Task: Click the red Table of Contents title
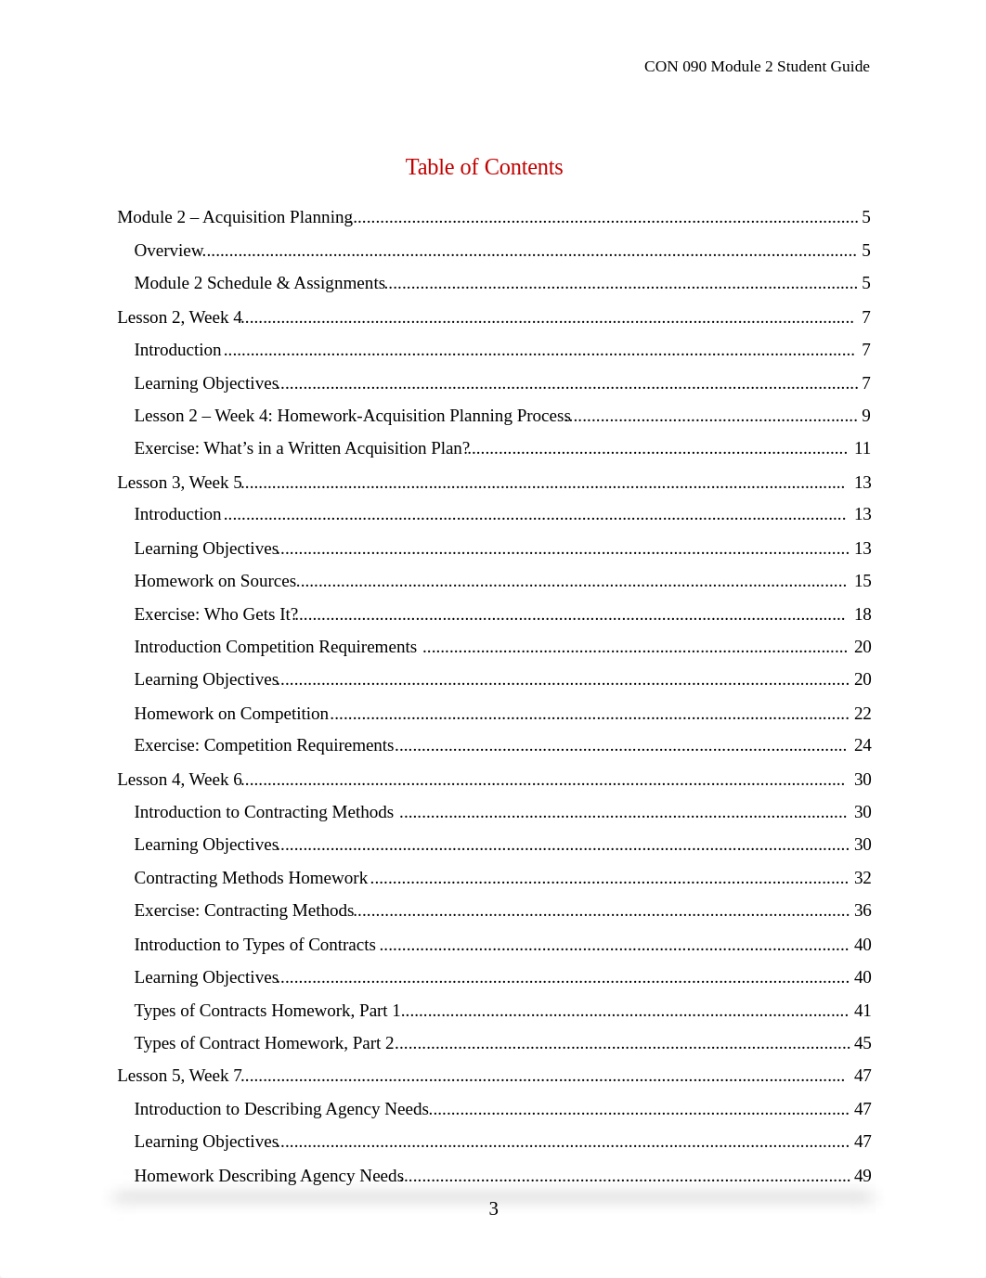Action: point(484,167)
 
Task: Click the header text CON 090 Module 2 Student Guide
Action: point(757,66)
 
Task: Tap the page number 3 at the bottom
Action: point(493,1208)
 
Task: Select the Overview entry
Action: point(169,251)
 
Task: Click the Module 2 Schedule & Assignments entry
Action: point(259,283)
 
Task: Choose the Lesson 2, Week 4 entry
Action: point(179,317)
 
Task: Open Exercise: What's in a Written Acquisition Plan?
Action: point(302,448)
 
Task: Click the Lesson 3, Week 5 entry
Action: point(179,483)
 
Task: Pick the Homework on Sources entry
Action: point(215,581)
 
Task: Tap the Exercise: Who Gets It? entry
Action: point(215,614)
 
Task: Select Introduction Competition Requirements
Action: point(275,647)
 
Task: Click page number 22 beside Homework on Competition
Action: point(863,714)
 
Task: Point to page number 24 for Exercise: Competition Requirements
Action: point(863,745)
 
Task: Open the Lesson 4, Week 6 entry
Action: point(179,780)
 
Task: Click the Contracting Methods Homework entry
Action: point(251,878)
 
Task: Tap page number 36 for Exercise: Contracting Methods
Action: point(863,910)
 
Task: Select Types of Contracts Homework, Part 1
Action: point(267,1011)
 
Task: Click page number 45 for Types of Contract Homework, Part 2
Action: point(863,1043)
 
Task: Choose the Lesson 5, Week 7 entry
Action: point(179,1076)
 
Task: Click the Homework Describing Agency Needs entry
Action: point(268,1176)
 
